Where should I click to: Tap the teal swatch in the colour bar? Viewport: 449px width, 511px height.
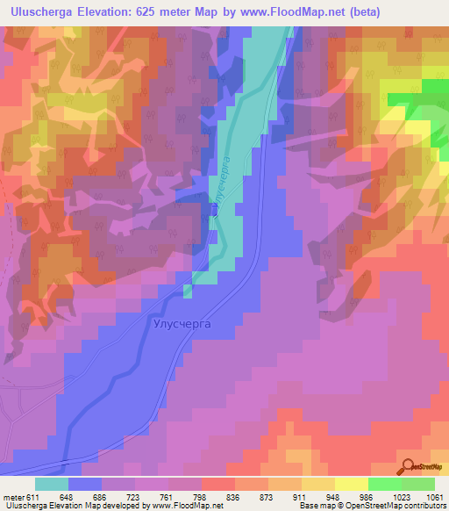[52, 483]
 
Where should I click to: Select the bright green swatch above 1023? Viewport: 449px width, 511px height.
[384, 483]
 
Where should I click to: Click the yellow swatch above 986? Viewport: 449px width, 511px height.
[351, 483]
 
